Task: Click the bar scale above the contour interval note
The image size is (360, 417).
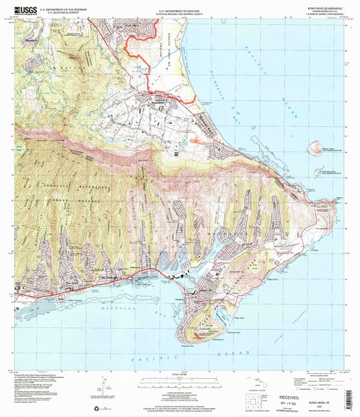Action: coord(180,380)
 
